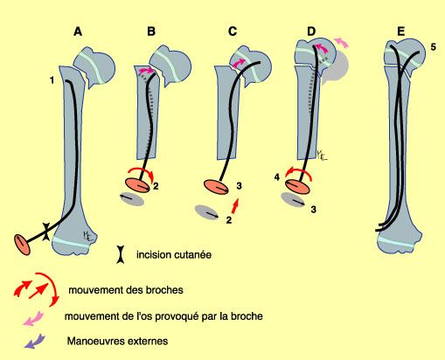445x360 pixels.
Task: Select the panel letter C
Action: [232, 32]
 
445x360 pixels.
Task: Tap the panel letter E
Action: [400, 32]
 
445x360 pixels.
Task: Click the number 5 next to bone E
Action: [432, 46]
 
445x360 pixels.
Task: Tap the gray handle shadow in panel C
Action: [207, 211]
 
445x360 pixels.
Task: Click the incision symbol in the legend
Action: [120, 255]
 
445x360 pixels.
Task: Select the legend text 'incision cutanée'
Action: [175, 255]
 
